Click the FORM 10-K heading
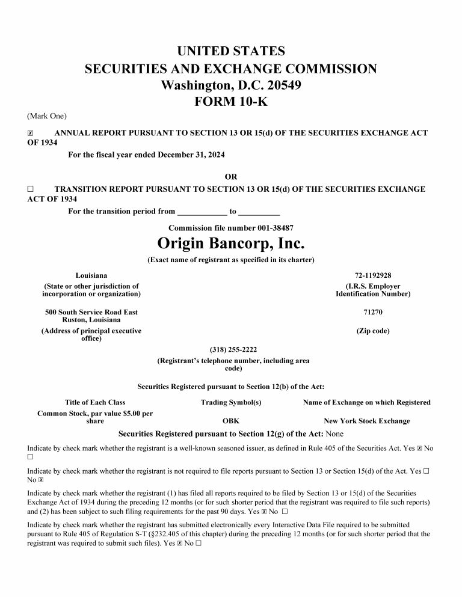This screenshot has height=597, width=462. [231, 102]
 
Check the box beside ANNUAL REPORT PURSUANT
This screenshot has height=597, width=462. [31, 133]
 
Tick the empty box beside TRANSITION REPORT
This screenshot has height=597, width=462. [31, 189]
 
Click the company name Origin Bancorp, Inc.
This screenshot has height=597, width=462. [231, 243]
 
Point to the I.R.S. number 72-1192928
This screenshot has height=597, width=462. [373, 275]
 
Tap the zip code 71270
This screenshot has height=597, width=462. [373, 312]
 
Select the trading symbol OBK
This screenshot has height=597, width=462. [231, 421]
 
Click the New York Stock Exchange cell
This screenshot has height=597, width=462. [367, 421]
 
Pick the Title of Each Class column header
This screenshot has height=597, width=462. [95, 402]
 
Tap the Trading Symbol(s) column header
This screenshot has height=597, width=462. [231, 402]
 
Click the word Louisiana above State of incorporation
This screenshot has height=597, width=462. [91, 275]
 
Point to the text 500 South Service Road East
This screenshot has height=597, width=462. [91, 312]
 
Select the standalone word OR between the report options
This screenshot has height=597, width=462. [231, 177]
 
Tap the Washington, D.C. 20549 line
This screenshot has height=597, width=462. [231, 85]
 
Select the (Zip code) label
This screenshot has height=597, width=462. [373, 331]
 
